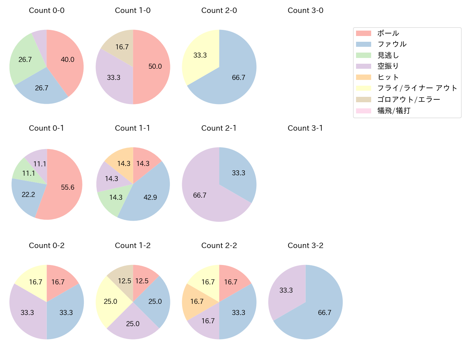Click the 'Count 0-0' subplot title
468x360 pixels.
[47, 10]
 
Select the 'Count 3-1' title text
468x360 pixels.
[305, 128]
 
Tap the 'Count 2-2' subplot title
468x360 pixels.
[219, 246]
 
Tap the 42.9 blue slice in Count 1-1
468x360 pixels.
[149, 196]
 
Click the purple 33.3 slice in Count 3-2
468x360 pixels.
[286, 290]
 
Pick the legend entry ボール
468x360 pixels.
[388, 33]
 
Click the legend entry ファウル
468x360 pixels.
[392, 44]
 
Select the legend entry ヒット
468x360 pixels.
[388, 77]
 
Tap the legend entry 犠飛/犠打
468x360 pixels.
[394, 111]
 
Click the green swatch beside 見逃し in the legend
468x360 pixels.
[363, 55]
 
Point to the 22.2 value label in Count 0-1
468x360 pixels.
[28, 195]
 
